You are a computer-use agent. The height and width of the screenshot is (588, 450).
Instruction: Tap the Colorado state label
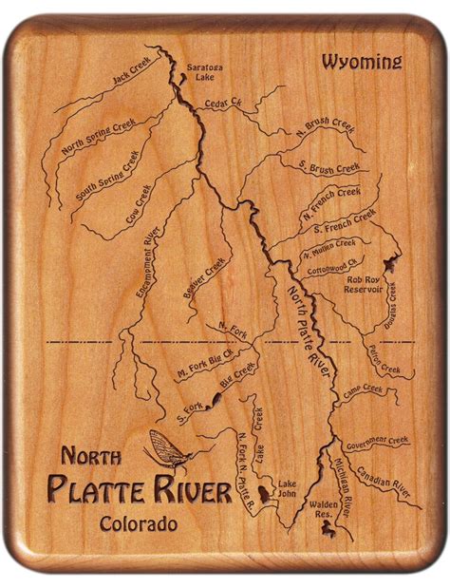138,523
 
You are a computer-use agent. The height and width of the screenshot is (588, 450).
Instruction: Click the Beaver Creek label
205,278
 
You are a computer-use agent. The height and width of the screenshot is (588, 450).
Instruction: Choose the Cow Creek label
139,202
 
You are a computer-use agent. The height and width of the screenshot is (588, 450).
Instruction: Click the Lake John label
287,487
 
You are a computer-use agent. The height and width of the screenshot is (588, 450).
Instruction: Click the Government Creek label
376,443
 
